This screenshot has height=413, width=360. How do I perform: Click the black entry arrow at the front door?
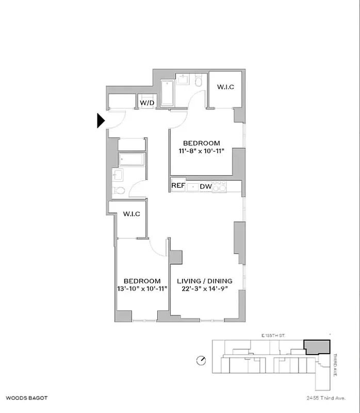101,120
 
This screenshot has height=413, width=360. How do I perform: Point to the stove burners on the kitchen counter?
219,186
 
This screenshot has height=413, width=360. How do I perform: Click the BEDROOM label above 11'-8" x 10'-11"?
202,143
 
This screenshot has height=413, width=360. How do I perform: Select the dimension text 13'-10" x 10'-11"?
142,289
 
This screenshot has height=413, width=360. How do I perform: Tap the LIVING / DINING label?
205,281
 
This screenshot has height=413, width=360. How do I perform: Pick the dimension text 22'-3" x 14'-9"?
205,289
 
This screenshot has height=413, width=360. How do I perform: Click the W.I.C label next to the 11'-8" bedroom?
225,87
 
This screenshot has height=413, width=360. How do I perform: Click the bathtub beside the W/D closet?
167,94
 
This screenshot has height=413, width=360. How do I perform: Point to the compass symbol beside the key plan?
201,360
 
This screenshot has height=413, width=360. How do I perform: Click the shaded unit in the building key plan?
316,346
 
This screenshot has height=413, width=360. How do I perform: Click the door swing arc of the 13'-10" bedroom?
159,248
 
